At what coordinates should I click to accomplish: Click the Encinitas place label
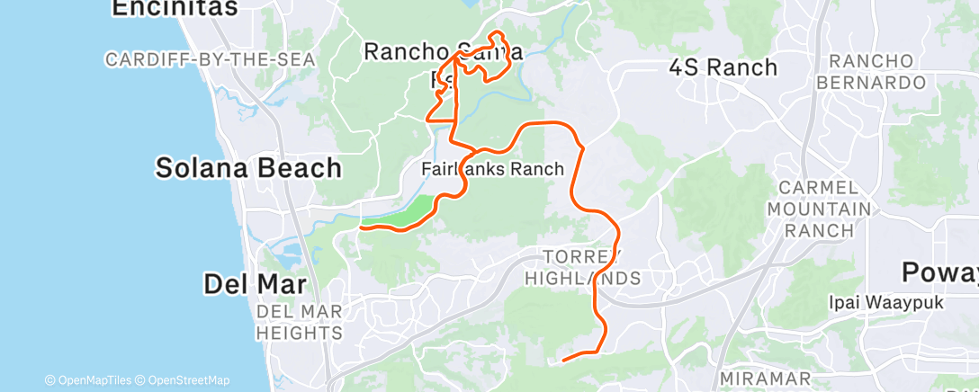pos(175,8)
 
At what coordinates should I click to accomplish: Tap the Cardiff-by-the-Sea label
pos(211,59)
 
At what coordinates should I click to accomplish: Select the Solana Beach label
pos(248,167)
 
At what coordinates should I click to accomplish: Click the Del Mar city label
pos(256,285)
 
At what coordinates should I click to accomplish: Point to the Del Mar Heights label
pos(300,323)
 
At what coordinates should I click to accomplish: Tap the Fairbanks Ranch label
pos(492,169)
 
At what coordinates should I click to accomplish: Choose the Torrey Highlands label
pos(593,267)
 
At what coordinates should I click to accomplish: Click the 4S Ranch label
pos(723,67)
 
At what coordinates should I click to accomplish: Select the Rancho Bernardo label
pos(876,72)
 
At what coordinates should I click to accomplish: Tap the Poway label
pos(940,272)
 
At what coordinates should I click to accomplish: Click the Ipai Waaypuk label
pos(886,303)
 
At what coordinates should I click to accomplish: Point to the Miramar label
pos(766,379)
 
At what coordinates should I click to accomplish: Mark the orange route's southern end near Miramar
pos(563,361)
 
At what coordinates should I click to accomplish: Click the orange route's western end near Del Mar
pos(361,228)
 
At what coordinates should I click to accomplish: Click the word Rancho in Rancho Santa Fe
pos(403,51)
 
